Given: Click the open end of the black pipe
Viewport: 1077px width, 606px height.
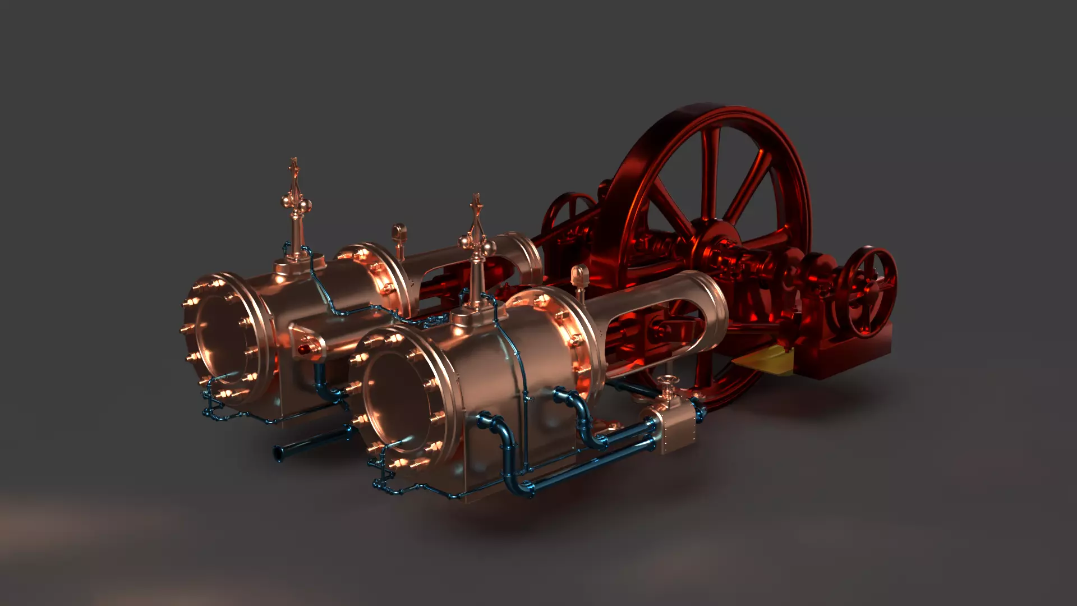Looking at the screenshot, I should [278, 452].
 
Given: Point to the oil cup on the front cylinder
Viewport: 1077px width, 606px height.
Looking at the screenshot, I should [580, 276].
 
